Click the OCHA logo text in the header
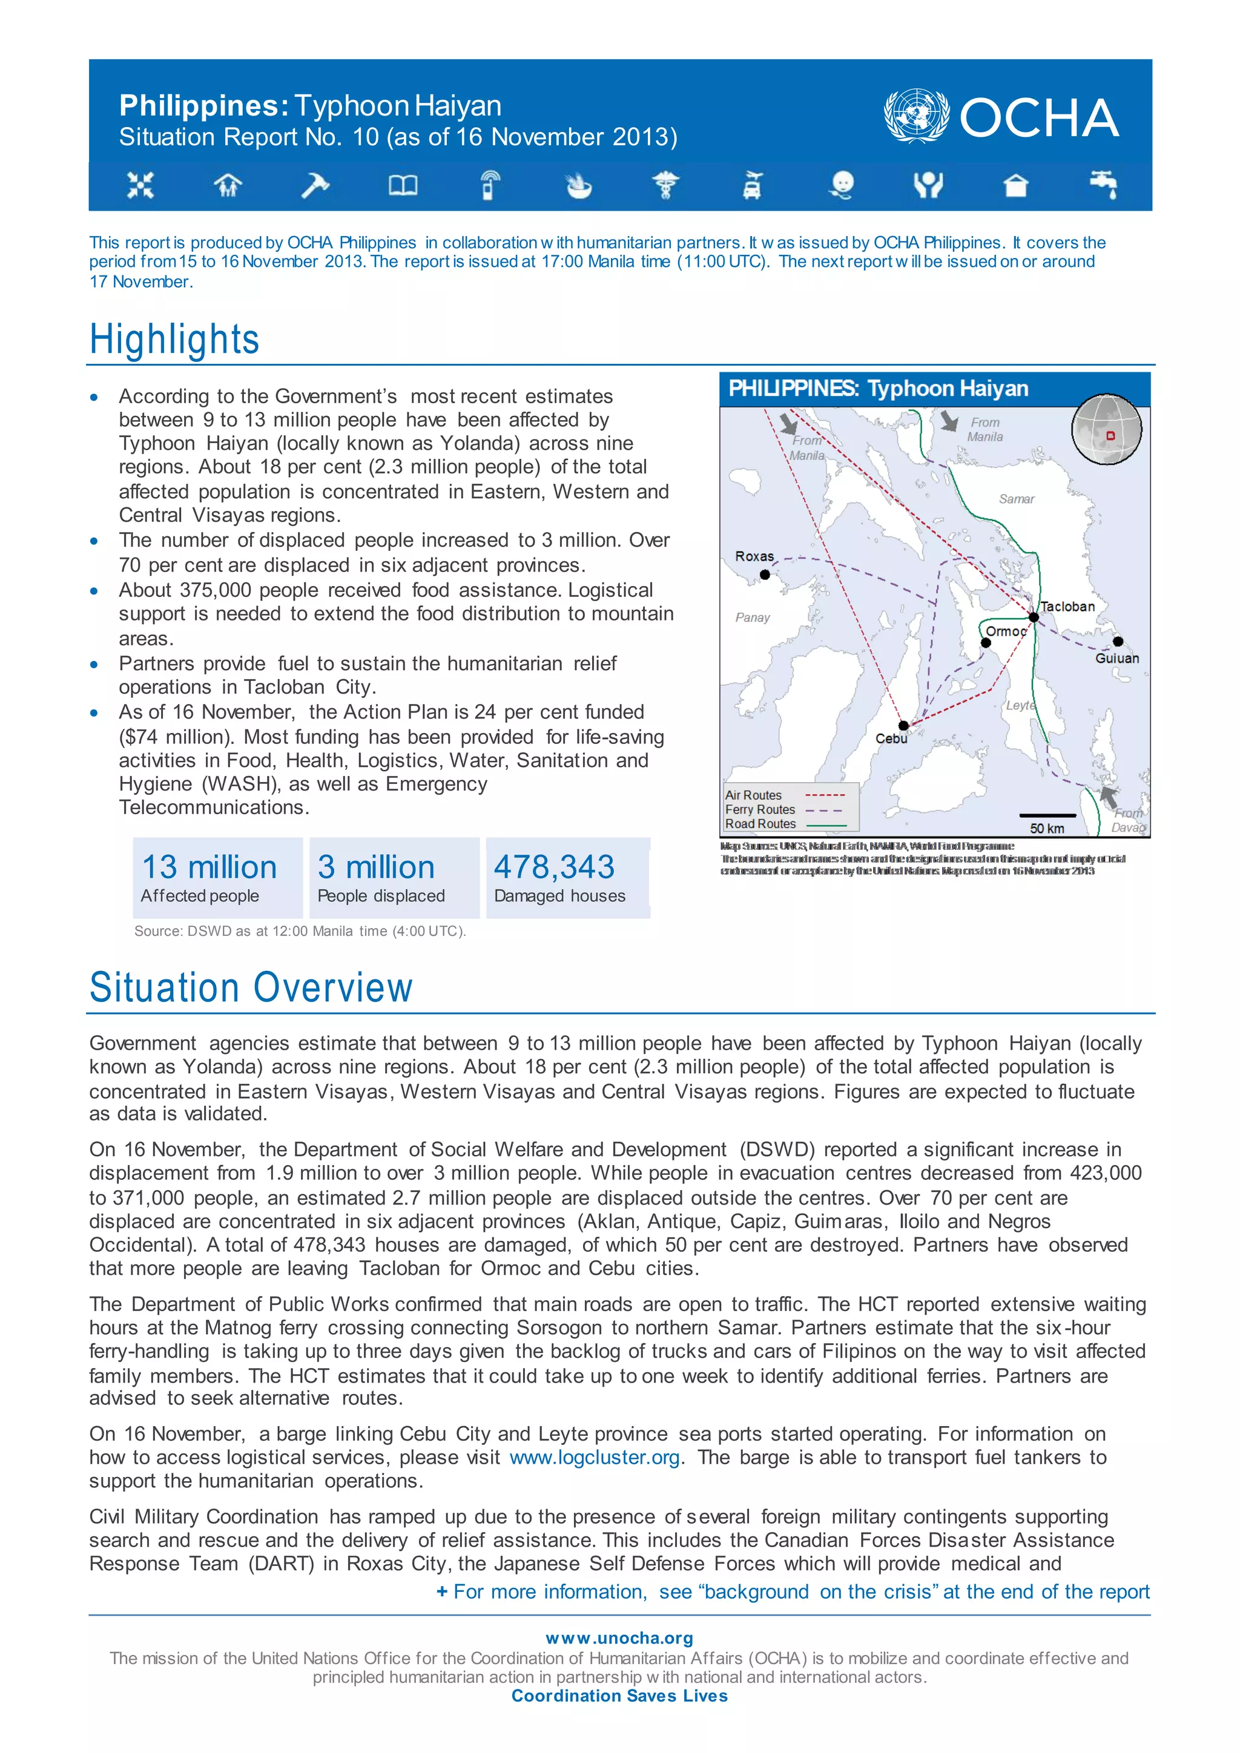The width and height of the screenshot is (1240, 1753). point(1038,119)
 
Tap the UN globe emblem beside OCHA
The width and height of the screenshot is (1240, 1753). point(915,116)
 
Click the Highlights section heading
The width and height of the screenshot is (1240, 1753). point(174,339)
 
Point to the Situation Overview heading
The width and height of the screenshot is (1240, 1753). point(251,987)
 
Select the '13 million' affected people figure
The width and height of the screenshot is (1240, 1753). point(209,867)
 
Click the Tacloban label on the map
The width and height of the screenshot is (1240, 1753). point(1067,606)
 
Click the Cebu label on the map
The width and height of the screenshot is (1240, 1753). point(891,738)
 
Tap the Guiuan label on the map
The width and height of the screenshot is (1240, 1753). point(1116,658)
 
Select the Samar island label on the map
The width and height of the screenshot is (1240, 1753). point(1017,499)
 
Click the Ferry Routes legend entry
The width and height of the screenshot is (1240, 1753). point(760,809)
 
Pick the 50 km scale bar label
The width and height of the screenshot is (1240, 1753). point(1047,829)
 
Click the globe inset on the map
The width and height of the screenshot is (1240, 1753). point(1106,430)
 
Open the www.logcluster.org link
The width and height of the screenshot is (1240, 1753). point(594,1458)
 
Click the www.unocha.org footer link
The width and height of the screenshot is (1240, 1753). point(619,1639)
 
